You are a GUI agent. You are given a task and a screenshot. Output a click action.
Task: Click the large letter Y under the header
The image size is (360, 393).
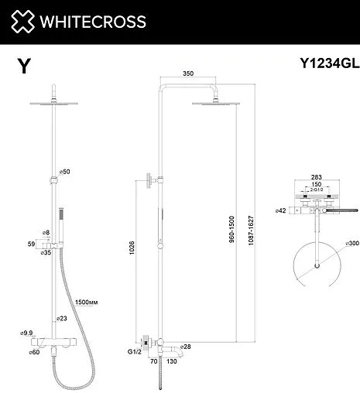pos(24,67)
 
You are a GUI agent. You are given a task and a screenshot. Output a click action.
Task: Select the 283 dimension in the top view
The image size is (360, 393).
pos(316,177)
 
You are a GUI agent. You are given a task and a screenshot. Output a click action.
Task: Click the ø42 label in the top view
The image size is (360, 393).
pos(281,210)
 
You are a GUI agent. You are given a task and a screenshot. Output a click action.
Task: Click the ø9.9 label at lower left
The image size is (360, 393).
pos(26,333)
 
